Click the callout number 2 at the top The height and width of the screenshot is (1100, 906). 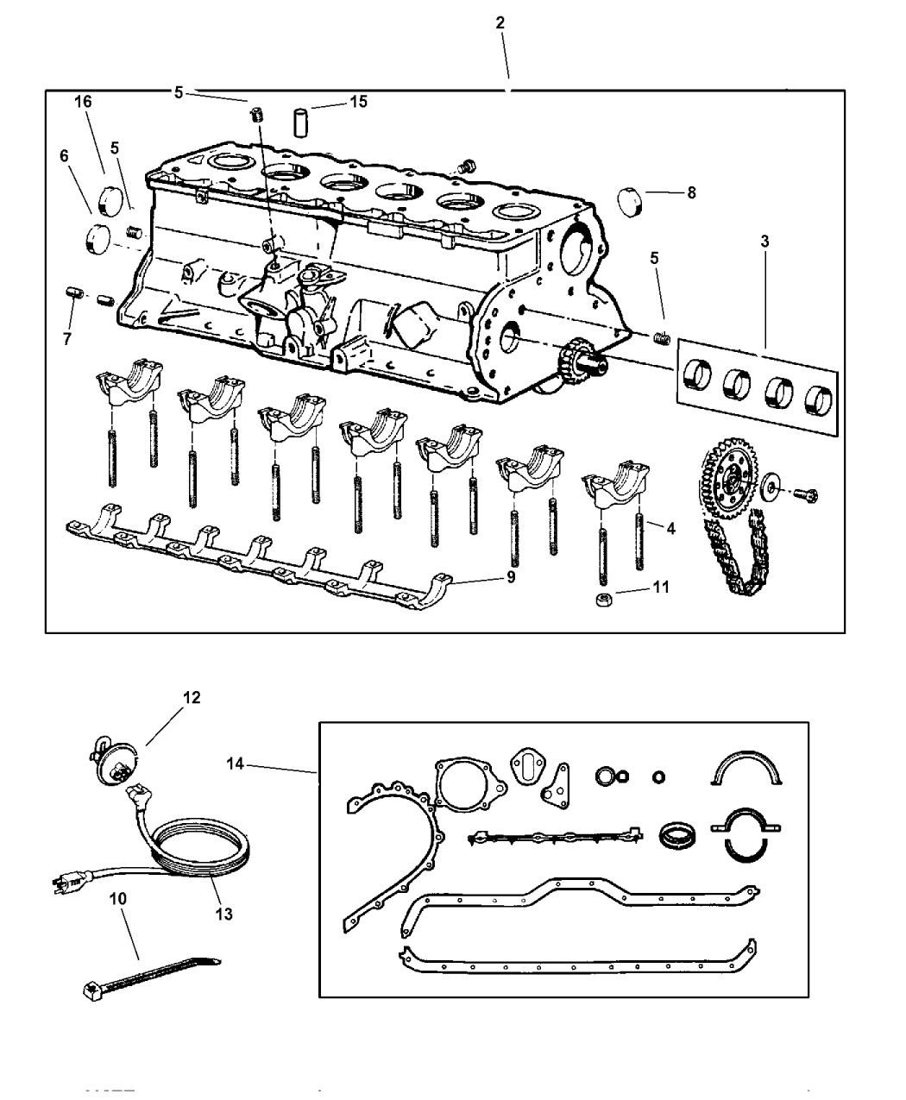pos(500,24)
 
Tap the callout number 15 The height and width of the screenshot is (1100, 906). pos(358,102)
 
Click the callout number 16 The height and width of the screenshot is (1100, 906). pos(83,102)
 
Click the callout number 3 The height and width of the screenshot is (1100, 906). pos(764,242)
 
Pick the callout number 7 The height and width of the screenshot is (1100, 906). pos(66,339)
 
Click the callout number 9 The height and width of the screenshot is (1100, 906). pos(511,576)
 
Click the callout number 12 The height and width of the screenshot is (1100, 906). pos(191,697)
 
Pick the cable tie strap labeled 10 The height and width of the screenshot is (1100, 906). pos(147,974)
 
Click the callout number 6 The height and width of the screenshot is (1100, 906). pos(63,156)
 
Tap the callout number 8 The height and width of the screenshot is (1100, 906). pos(691,193)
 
